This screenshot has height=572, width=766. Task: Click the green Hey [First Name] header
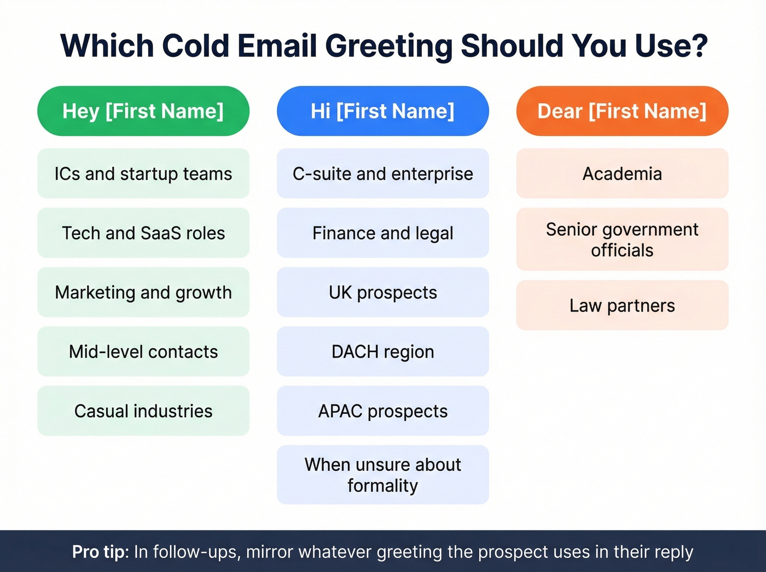point(143,111)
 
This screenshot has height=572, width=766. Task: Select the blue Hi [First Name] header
point(382,111)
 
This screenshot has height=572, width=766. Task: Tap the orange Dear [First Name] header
point(622,111)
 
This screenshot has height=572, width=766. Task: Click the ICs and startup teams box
point(143,174)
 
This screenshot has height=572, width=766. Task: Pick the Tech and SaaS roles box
point(143,233)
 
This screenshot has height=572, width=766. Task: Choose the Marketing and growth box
point(143,292)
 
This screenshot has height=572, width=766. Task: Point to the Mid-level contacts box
point(143,351)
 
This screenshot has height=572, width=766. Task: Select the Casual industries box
point(143,411)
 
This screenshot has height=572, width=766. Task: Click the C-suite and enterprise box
point(382,174)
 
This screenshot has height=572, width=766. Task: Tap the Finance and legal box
point(382,233)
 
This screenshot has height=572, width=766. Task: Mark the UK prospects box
point(382,292)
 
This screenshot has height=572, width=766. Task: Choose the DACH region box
point(382,351)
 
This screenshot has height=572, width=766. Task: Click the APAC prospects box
point(382,411)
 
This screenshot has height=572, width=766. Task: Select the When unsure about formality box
point(382,475)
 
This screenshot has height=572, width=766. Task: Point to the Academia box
point(622,174)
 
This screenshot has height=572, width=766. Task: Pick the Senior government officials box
point(622,239)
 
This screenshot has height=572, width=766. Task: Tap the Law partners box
point(622,305)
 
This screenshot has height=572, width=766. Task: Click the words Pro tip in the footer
point(98,552)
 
